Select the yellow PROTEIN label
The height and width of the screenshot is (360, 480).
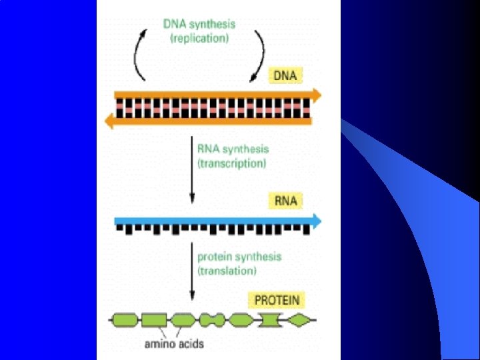click(277, 300)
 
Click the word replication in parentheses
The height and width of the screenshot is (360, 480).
click(199, 39)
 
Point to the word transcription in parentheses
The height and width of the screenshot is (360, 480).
click(231, 163)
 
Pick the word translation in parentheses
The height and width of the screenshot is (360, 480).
click(227, 271)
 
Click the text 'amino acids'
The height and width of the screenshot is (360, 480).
click(174, 344)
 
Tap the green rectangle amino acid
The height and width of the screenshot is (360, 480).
click(153, 321)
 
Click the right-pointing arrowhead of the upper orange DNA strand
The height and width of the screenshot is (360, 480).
click(315, 95)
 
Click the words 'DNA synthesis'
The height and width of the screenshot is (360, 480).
click(199, 24)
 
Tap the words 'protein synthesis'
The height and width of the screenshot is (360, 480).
click(239, 257)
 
